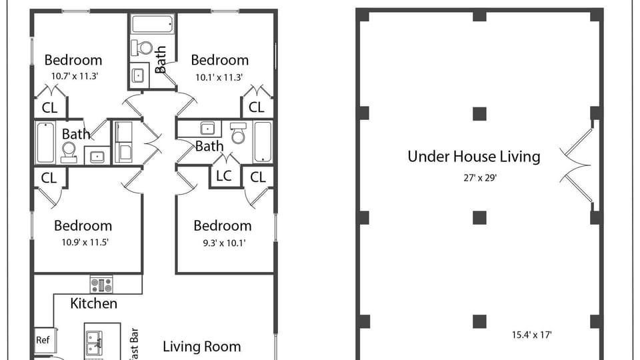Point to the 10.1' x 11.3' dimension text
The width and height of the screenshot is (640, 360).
point(219,77)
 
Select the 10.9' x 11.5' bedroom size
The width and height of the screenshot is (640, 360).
point(83,242)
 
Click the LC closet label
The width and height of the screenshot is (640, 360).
point(224,177)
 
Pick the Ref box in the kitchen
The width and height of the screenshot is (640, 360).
point(43,340)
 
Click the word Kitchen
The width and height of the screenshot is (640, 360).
point(94,303)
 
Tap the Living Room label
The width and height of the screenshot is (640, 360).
point(201,347)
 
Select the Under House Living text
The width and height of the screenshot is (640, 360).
point(473,157)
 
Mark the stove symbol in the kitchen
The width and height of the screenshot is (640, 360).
point(101,285)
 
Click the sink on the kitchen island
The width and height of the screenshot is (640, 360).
point(94,343)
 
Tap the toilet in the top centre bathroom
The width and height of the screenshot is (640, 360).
point(142,48)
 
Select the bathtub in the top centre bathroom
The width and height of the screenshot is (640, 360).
point(152,25)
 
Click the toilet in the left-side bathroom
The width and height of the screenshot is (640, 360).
point(68,153)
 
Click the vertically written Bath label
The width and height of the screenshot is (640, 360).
point(161,59)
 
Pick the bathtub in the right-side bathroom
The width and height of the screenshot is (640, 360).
point(263,141)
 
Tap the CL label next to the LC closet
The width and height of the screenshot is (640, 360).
point(257,177)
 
